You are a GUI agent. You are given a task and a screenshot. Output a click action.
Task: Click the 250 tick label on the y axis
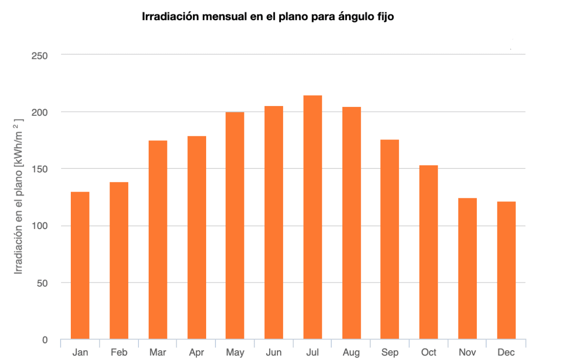point(40,55)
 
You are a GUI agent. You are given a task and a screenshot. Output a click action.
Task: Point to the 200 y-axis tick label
point(40,112)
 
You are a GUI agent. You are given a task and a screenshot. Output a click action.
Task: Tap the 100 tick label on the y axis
point(40,226)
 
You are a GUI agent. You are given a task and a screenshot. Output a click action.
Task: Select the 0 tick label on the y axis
point(45,340)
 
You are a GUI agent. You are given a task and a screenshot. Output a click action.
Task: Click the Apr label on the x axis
point(196,352)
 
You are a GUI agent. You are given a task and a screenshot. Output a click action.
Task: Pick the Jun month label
point(273,352)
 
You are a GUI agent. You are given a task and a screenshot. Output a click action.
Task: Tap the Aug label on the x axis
point(351,352)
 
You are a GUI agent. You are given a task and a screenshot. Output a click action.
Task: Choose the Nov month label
point(467,352)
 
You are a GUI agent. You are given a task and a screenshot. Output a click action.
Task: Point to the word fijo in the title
point(384,17)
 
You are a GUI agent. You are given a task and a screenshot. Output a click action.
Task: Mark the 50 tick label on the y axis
point(42,283)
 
